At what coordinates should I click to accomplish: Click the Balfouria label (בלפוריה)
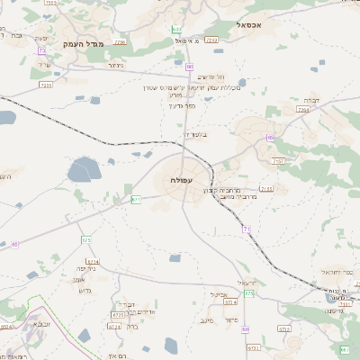(x=195, y=134)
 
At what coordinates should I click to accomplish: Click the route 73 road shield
(x=42, y=50)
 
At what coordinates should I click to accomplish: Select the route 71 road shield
(x=246, y=229)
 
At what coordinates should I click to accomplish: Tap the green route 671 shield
(x=136, y=199)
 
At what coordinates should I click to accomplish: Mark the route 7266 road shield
(x=211, y=40)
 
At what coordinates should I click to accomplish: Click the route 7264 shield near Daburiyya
(x=303, y=109)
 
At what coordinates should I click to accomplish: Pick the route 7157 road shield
(x=277, y=161)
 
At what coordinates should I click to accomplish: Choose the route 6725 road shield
(x=118, y=316)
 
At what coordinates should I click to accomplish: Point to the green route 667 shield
(x=344, y=349)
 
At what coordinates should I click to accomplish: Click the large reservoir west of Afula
(x=86, y=168)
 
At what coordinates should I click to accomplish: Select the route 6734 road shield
(x=93, y=262)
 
